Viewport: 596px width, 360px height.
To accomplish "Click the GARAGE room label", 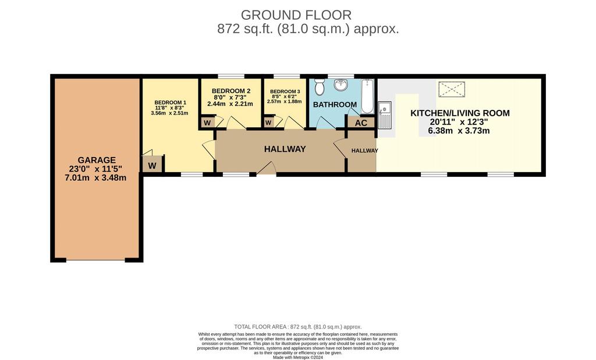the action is click(x=97, y=160).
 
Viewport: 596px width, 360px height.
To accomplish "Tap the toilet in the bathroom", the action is click(x=320, y=87).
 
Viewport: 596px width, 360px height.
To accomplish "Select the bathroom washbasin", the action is click(x=341, y=85).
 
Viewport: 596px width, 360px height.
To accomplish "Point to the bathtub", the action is click(x=367, y=97).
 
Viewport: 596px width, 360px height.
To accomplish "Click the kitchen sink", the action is click(x=385, y=115).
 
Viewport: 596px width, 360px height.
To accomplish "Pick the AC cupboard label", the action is click(x=361, y=123).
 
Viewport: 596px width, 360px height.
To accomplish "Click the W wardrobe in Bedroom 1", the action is click(x=152, y=166).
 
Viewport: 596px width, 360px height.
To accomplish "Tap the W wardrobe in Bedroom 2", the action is click(x=207, y=123).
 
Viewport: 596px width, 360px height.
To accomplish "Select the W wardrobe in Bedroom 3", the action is click(x=268, y=123).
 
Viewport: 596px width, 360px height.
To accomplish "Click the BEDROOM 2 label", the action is click(x=231, y=91).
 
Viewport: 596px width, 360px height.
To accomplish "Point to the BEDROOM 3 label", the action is click(x=285, y=91).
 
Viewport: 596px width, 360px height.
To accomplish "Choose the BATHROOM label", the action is click(x=335, y=105).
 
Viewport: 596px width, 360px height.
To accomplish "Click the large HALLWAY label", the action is click(x=285, y=149).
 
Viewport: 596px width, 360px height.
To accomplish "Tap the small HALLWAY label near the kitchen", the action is click(x=365, y=151).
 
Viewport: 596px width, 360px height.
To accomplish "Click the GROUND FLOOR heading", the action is click(x=296, y=15).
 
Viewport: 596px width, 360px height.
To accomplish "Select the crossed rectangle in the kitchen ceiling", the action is click(x=452, y=89).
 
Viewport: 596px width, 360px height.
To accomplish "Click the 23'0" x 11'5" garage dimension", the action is click(x=96, y=169).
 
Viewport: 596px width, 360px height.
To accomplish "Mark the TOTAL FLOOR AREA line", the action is click(x=298, y=327).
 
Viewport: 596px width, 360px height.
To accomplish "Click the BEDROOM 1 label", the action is click(x=171, y=102).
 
